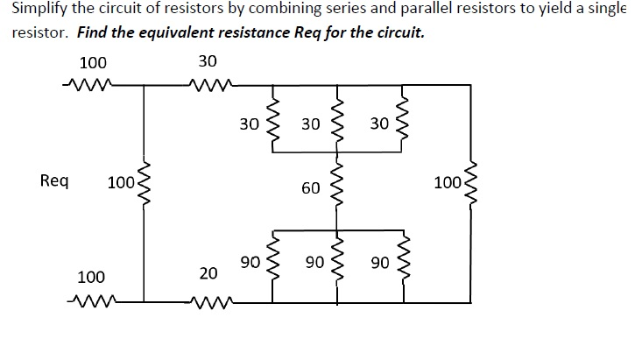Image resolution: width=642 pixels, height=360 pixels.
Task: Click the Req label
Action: coord(54,181)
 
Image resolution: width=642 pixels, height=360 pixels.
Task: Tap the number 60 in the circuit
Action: coord(310,187)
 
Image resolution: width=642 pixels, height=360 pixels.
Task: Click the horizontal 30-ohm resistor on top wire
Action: coord(212,85)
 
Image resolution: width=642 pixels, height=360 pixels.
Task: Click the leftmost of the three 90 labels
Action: coord(249,262)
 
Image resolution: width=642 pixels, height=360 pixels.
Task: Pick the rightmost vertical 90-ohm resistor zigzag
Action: coord(403,262)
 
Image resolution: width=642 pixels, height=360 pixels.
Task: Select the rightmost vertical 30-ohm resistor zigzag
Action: coord(403,124)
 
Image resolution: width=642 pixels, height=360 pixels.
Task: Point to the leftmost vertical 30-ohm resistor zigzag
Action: coord(272,124)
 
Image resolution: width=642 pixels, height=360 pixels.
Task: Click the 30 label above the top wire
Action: coord(208,62)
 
